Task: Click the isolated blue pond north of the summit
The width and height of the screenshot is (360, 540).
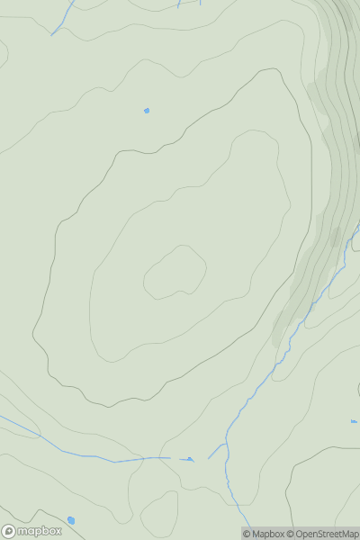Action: click(x=147, y=111)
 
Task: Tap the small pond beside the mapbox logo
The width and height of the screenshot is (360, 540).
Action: click(x=71, y=519)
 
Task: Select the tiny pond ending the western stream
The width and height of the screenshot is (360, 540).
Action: click(x=189, y=459)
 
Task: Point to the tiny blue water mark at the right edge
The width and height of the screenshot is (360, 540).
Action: click(x=354, y=421)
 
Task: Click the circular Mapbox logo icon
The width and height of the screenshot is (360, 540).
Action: click(x=8, y=531)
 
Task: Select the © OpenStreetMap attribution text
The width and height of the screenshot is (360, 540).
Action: click(x=323, y=534)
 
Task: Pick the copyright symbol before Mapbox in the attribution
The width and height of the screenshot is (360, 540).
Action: click(x=247, y=534)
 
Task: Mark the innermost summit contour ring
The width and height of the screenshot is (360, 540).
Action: click(x=175, y=272)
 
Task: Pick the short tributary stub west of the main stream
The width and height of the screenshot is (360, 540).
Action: click(x=217, y=450)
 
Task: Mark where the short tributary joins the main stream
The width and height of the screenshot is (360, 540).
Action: click(x=225, y=442)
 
